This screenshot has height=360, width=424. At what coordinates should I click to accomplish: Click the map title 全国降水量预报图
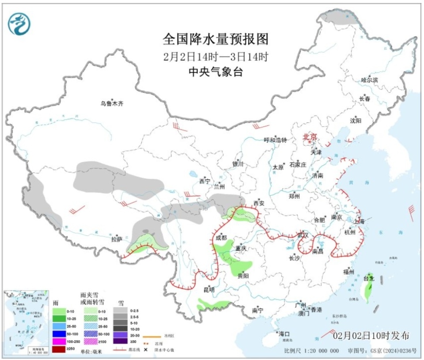click(x=216, y=39)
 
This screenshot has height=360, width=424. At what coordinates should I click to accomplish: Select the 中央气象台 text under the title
click(x=216, y=72)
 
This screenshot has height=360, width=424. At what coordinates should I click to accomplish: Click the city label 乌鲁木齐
click(x=111, y=104)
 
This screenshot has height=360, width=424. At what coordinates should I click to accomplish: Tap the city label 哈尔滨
click(x=369, y=80)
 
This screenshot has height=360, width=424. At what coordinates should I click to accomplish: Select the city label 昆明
click(x=208, y=290)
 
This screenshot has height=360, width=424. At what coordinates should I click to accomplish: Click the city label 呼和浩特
click(x=275, y=140)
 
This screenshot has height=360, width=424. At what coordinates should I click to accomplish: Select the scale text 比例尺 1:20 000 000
click(x=312, y=351)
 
